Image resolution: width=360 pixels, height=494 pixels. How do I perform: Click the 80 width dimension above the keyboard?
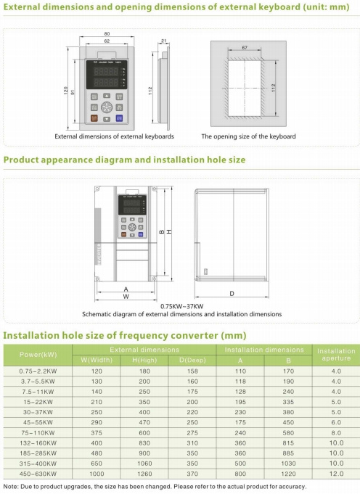tap(107, 33)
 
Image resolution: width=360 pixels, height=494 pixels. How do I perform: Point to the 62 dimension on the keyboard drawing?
tap(107, 42)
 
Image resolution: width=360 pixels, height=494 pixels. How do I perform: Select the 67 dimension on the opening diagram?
tap(245, 48)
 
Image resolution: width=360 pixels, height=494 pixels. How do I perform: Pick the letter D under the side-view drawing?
tap(231, 293)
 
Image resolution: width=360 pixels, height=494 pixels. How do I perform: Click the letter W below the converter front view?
tap(126, 297)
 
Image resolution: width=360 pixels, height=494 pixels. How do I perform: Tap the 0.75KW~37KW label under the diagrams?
tap(181, 306)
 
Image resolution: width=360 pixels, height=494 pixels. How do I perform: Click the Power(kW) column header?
tap(38, 355)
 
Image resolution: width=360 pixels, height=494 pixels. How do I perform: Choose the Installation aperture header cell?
tap(336, 355)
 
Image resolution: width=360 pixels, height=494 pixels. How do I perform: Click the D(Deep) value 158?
tap(192, 371)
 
